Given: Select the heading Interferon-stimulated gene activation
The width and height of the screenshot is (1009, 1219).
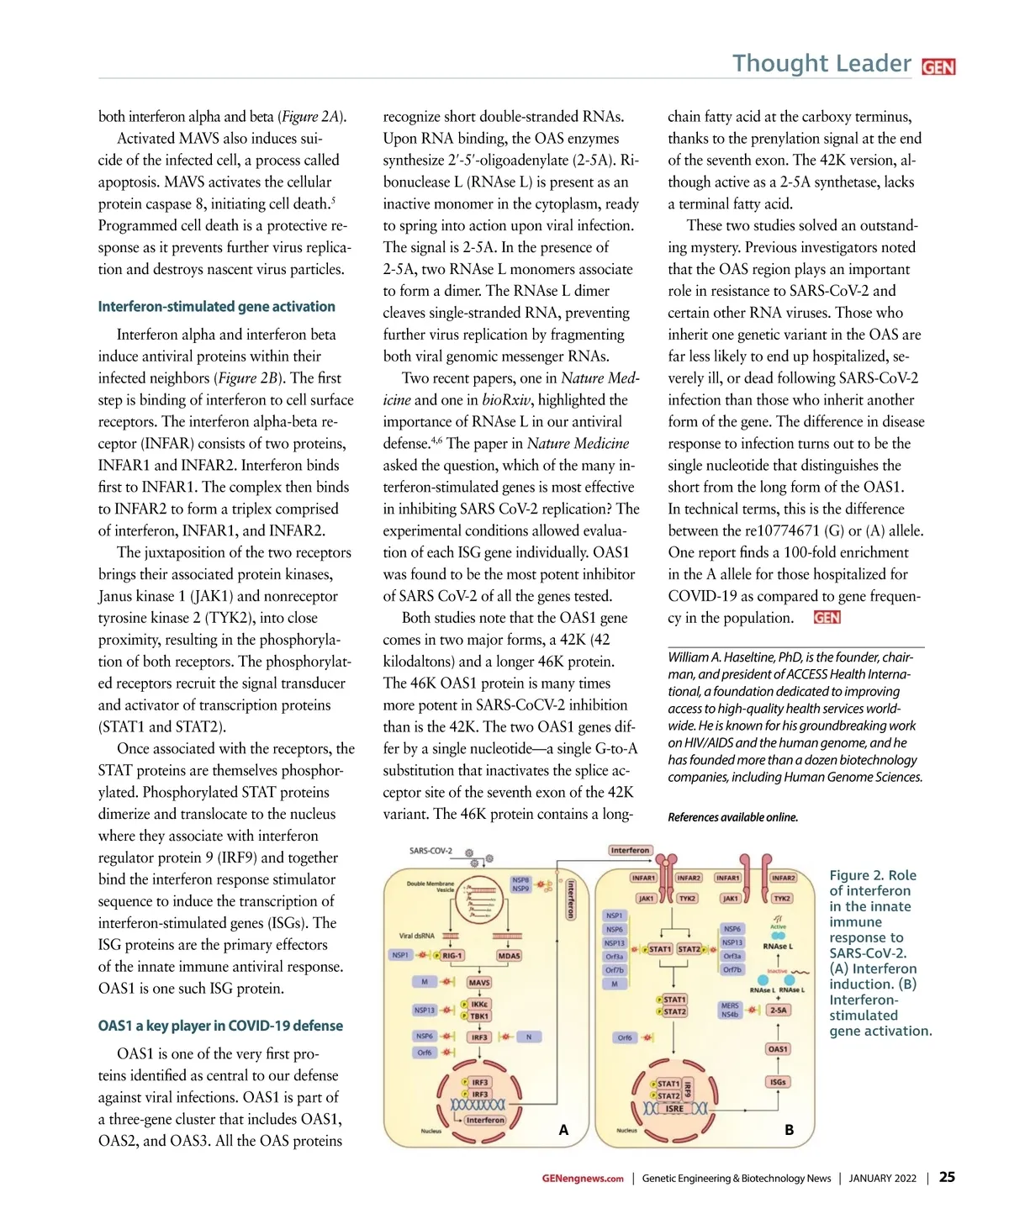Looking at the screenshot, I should [216, 307].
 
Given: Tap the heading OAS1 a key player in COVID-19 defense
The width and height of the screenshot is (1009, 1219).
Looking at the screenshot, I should [220, 1026].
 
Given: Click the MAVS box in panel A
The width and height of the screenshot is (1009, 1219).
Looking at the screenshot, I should [479, 982].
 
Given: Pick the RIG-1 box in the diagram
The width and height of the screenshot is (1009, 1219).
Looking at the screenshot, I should [452, 956].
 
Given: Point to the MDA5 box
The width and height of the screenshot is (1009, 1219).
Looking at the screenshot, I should [509, 956].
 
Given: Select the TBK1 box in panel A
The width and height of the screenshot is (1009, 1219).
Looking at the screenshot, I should [479, 1016].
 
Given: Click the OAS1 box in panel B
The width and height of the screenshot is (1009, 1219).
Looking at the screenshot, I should [778, 1049].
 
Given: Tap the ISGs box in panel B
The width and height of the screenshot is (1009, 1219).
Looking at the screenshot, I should [778, 1082].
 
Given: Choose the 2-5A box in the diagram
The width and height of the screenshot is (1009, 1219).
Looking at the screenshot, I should [779, 1011].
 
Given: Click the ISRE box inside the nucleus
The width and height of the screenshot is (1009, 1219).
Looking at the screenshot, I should [674, 1109].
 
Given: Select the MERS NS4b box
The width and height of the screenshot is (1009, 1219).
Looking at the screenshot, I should [729, 1010].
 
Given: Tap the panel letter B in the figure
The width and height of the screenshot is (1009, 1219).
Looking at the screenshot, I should [789, 1130].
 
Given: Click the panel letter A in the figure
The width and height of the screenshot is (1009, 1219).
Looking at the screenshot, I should [563, 1130].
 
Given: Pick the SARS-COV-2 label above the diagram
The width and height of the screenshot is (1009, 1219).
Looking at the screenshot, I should [431, 851].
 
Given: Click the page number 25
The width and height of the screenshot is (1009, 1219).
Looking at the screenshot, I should [947, 1177].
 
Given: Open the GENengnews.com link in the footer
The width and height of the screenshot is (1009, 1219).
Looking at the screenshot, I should [583, 1179].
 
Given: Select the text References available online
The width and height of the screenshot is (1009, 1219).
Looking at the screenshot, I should [732, 817].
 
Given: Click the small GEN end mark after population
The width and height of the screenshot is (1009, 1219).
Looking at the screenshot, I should [827, 618].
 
